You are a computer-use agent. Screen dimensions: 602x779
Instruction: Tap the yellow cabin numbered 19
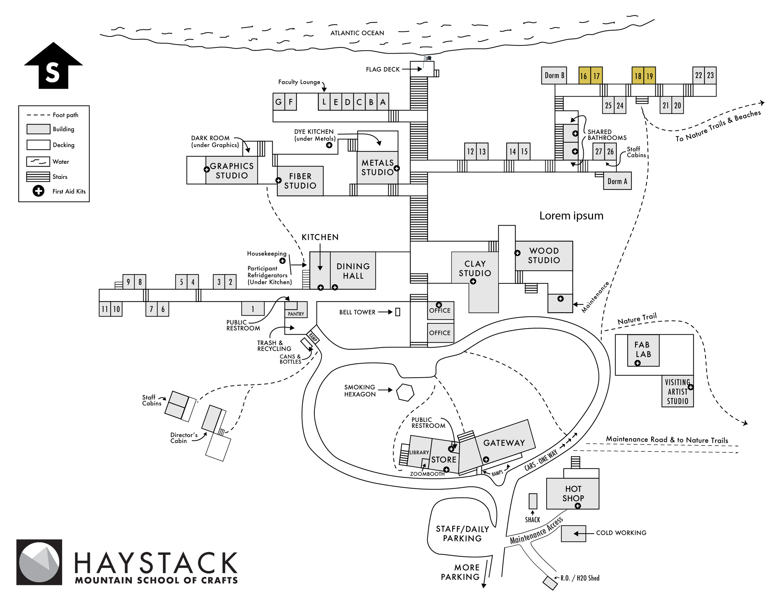649,76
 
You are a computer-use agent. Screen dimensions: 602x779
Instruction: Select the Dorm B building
554,75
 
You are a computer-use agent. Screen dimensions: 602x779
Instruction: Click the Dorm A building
617,181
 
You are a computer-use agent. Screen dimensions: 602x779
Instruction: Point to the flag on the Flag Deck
427,59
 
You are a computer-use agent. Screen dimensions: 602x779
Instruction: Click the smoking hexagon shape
405,392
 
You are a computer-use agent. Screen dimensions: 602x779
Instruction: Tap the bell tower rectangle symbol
398,312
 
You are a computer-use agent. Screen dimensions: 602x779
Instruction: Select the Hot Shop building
573,493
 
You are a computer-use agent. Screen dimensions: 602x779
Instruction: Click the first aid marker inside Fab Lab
638,363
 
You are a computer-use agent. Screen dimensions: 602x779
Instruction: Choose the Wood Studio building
544,255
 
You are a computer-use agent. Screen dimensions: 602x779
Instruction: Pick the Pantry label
296,314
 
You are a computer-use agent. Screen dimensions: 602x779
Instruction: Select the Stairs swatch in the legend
38,177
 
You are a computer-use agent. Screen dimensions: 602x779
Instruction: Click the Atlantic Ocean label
357,33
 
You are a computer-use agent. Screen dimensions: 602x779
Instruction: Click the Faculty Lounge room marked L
324,102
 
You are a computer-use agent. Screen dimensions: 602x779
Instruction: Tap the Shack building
533,501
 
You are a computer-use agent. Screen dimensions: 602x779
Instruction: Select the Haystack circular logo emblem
39,562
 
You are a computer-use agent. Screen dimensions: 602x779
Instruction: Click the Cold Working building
573,533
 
